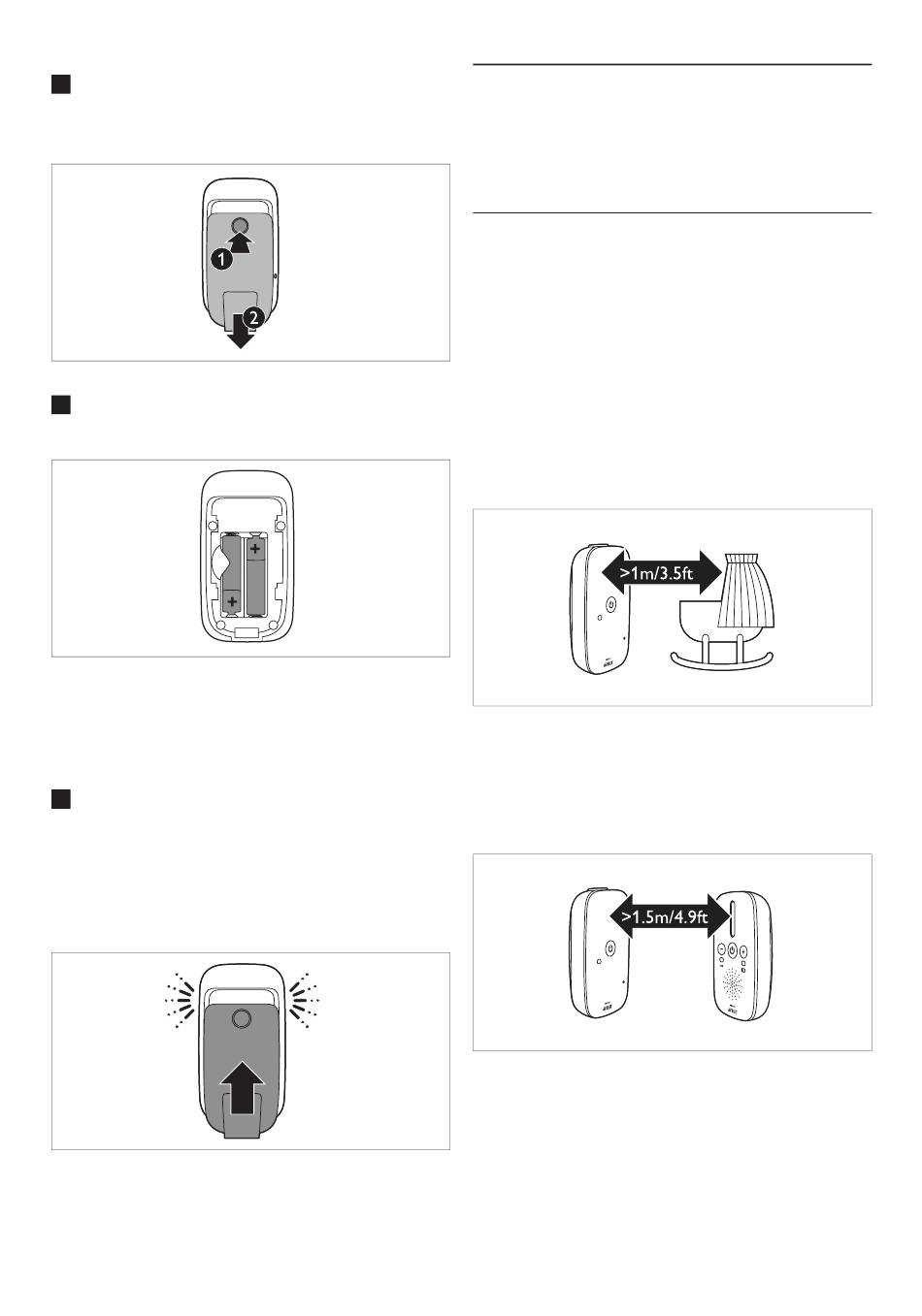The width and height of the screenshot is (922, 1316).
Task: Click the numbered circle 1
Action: pyautogui.click(x=221, y=259)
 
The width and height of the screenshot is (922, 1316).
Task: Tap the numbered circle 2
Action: pyautogui.click(x=253, y=318)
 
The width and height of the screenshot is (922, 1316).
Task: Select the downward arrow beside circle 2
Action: pyautogui.click(x=240, y=331)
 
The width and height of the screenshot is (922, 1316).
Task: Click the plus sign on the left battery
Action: pyautogui.click(x=232, y=601)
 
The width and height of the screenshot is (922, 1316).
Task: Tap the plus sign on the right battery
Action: pyautogui.click(x=255, y=549)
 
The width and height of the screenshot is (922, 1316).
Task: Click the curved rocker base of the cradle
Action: pyautogui.click(x=722, y=662)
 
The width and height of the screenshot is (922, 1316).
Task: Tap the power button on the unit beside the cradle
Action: pyautogui.click(x=610, y=604)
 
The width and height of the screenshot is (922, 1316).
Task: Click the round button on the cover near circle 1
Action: pyautogui.click(x=240, y=225)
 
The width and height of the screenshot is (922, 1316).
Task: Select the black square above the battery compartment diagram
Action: pyautogui.click(x=61, y=404)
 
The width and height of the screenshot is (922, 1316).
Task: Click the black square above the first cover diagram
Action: pyautogui.click(x=61, y=84)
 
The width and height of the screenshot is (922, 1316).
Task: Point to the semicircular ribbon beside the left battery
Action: pyautogui.click(x=218, y=562)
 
